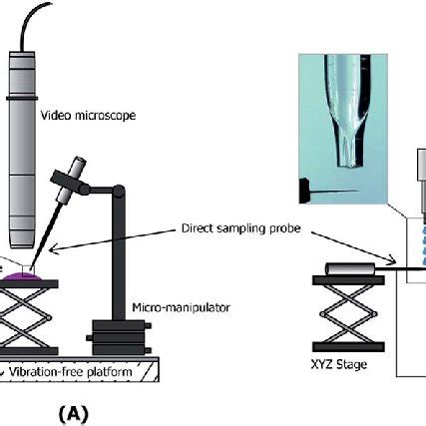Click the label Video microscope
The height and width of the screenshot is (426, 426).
88,116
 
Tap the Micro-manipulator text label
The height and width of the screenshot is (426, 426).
181,307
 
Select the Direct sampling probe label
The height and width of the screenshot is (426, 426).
241,228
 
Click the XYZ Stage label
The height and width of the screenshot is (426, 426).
339,365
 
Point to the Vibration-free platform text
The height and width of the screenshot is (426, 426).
70,372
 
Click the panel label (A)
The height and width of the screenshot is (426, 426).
74,414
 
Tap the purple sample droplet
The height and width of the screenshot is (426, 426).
22,276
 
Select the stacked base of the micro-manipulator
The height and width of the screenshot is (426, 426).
119,337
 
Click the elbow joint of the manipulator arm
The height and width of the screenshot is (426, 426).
119,191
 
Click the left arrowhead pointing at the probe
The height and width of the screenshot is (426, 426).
54,249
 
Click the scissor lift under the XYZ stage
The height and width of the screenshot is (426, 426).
348,314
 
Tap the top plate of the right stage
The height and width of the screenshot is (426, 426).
348,280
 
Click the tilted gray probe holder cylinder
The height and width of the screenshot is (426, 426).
71,181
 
